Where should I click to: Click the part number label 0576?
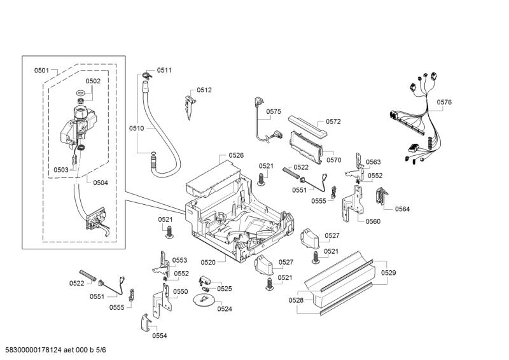pyautogui.click(x=444, y=102)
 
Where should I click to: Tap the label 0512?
pyautogui.click(x=204, y=90)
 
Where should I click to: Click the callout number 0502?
pyautogui.click(x=93, y=81)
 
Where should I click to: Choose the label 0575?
pyautogui.click(x=274, y=111)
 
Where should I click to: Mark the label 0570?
pyautogui.click(x=334, y=160)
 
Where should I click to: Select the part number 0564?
pyautogui.click(x=402, y=209)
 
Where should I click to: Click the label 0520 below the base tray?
pyautogui.click(x=208, y=261)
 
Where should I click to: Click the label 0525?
pyautogui.click(x=224, y=288)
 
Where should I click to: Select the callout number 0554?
pyautogui.click(x=160, y=335)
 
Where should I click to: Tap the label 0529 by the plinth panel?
pyautogui.click(x=389, y=273)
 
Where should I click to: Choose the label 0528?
pyautogui.click(x=296, y=300)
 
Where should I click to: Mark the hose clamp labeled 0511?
pyautogui.click(x=146, y=76)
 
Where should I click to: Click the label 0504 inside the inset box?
pyautogui.click(x=101, y=183)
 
